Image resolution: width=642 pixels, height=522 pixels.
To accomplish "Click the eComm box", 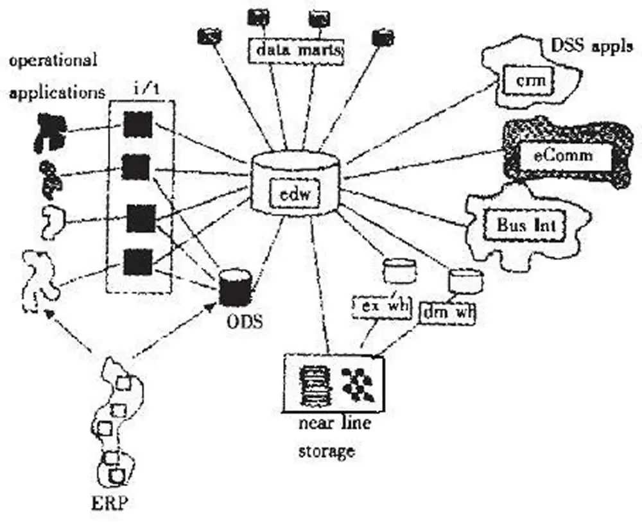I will click(564, 155).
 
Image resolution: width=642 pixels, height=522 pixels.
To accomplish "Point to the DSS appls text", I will click(591, 46).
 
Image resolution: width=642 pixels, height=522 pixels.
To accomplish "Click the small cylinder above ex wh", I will click(395, 270).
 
